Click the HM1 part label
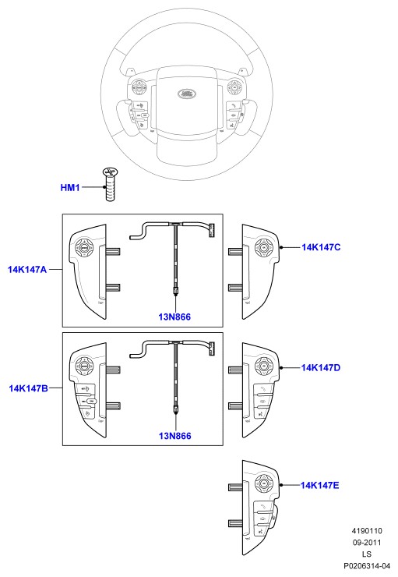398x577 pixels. click(70, 188)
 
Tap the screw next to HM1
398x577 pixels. click(110, 184)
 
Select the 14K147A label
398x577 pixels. click(27, 270)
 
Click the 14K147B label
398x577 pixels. click(28, 388)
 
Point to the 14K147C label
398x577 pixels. click(321, 247)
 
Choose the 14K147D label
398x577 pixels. click(320, 367)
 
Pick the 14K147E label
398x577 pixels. click(319, 485)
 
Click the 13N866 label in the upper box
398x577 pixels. click(174, 317)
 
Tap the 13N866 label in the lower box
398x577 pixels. click(175, 436)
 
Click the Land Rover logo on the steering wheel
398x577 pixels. click(187, 94)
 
